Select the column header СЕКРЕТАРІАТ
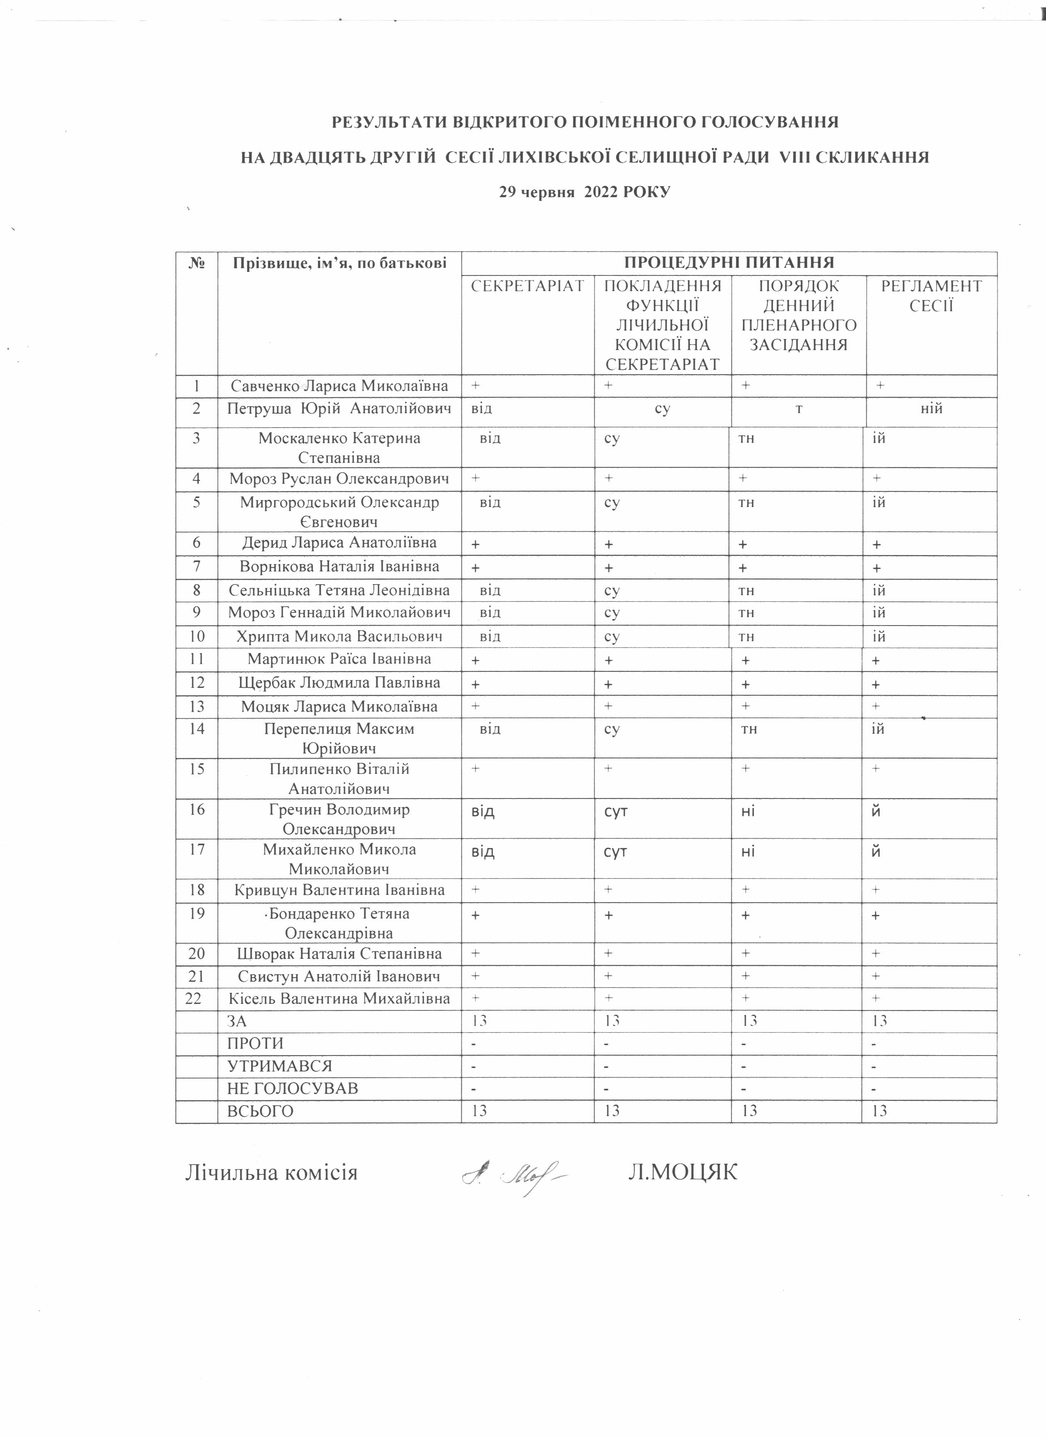click(527, 286)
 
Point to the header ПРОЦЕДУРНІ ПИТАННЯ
click(729, 262)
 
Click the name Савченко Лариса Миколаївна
click(339, 385)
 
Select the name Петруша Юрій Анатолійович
click(339, 408)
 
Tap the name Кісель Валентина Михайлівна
click(339, 999)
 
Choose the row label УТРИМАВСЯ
click(279, 1066)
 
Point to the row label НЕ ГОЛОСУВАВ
click(292, 1089)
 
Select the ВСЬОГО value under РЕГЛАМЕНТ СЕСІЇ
click(879, 1111)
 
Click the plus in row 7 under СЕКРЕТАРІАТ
click(475, 567)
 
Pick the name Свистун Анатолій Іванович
click(339, 976)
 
